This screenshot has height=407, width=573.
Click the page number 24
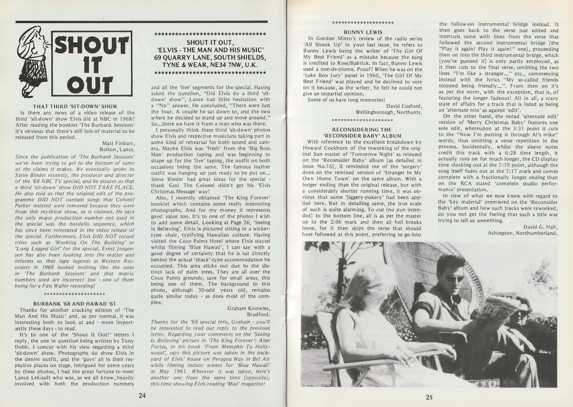[142, 396]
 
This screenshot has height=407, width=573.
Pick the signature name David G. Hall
[539, 227]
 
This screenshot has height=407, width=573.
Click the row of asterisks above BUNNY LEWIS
[364, 22]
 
